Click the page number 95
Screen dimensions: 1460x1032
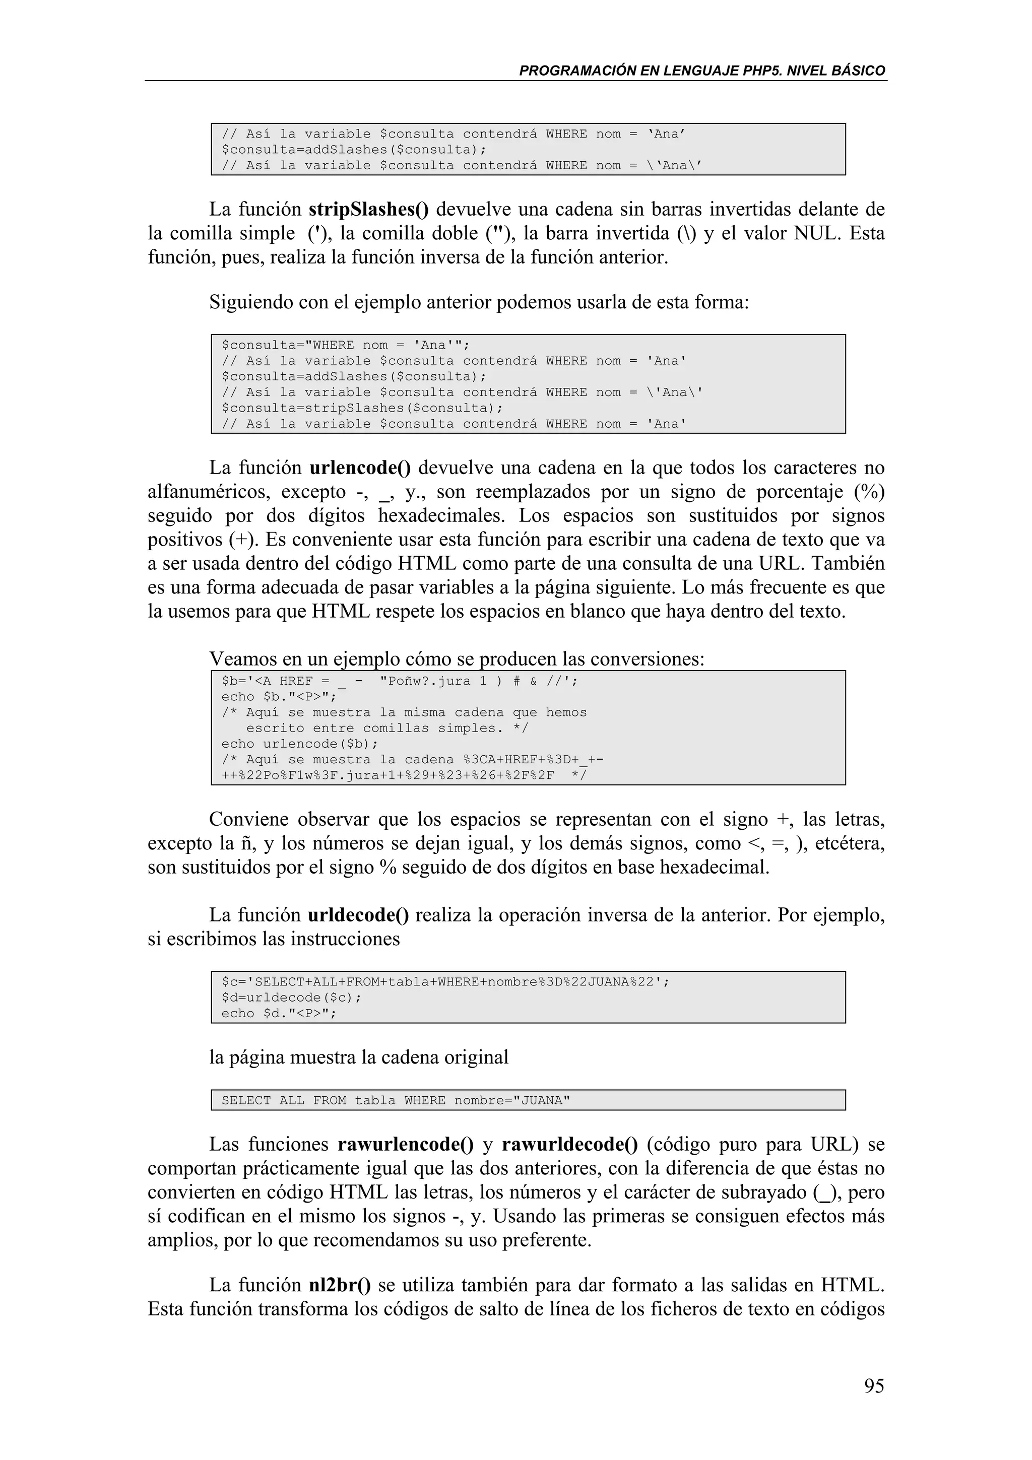tap(874, 1385)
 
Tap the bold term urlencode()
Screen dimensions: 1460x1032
tap(360, 468)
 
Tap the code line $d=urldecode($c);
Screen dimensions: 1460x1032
tap(291, 997)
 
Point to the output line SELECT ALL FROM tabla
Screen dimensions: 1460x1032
tap(396, 1100)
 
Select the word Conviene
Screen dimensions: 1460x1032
tap(249, 819)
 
